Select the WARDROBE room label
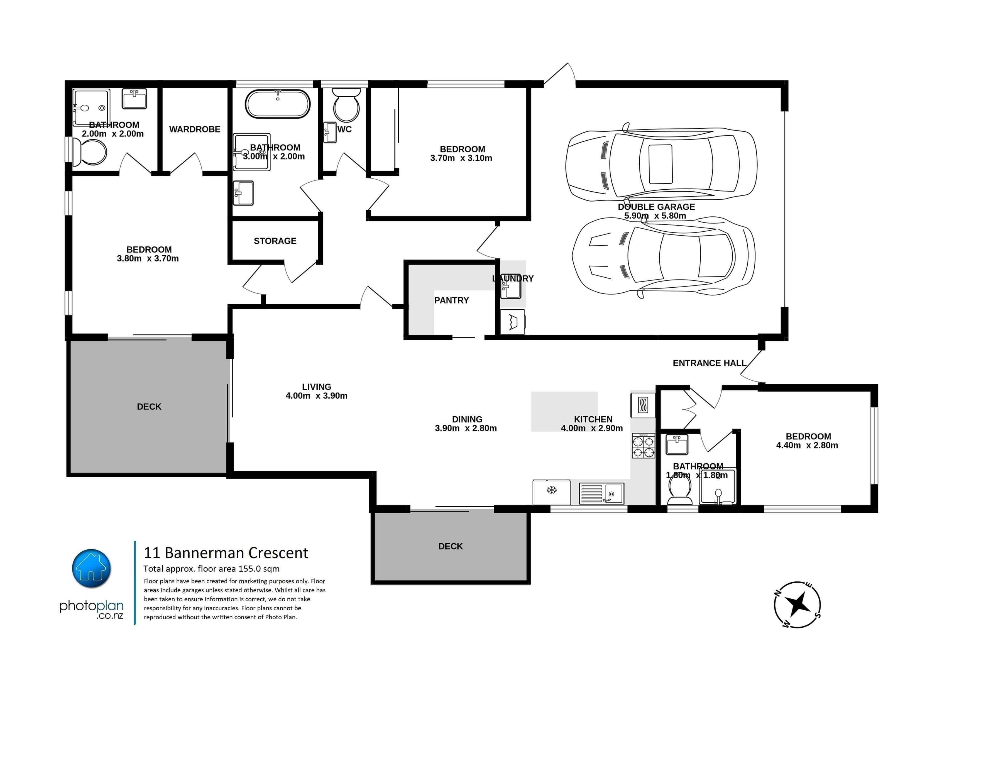coord(195,129)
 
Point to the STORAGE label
coord(275,241)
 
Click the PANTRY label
coord(451,300)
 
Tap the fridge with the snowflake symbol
coord(552,492)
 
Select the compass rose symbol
coord(798,605)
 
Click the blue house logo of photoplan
coord(91,568)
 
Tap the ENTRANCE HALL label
coord(709,363)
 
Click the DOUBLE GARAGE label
coord(656,207)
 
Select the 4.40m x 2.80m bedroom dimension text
coord(807,446)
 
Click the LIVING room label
coord(317,387)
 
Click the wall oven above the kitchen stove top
coord(642,405)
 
